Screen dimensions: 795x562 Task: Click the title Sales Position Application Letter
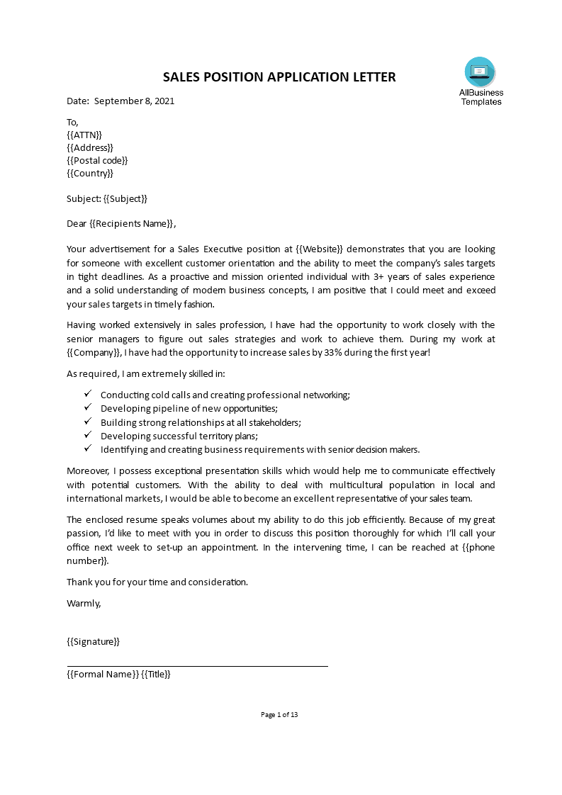(x=280, y=77)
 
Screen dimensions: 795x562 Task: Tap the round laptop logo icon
(x=480, y=72)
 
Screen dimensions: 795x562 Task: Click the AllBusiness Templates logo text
(x=481, y=97)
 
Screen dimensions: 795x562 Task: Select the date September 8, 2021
(x=134, y=101)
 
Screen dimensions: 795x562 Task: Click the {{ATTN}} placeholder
(x=84, y=135)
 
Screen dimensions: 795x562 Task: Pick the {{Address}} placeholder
(x=90, y=147)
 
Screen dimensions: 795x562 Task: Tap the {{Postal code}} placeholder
(x=97, y=160)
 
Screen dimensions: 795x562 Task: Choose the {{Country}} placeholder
(x=90, y=173)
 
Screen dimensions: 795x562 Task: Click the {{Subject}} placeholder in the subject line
(x=125, y=198)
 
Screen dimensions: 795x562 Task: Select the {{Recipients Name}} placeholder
(x=131, y=224)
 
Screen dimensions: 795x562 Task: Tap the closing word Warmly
(x=84, y=603)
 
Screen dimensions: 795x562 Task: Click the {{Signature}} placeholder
(x=94, y=641)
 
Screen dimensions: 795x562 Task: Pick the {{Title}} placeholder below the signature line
(x=156, y=675)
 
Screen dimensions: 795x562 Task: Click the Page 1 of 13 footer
(x=280, y=714)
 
